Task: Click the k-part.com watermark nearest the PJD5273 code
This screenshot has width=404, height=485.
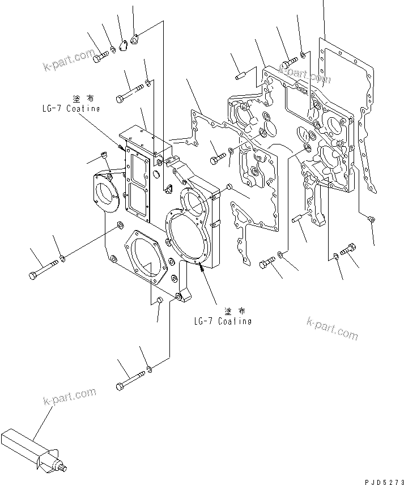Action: pos(332,328)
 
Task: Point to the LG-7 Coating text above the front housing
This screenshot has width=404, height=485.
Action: pos(71,108)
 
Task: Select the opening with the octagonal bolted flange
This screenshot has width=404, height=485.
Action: pos(146,259)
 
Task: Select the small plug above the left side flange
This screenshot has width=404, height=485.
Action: pos(103,155)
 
